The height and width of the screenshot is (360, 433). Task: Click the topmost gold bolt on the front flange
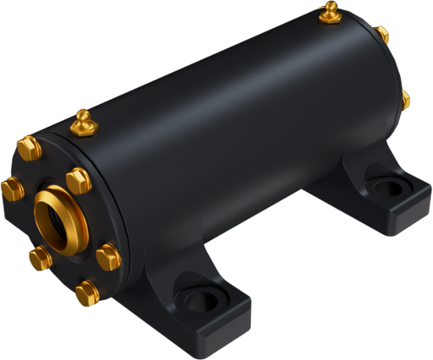(x=26, y=151)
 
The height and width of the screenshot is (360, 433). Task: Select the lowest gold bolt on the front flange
(x=86, y=293)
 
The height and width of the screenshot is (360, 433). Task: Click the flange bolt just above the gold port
(x=77, y=180)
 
